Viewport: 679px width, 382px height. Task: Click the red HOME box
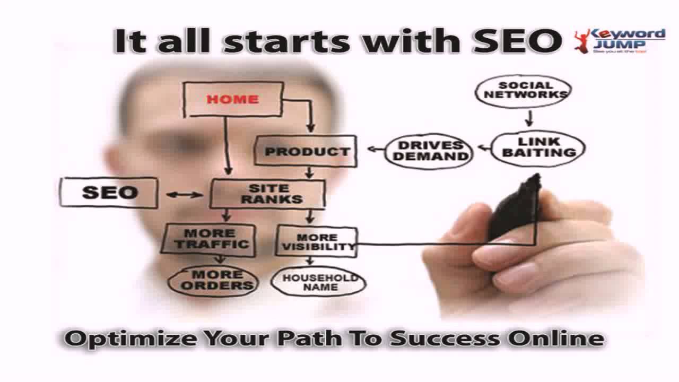[232, 99]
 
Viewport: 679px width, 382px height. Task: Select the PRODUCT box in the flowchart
[306, 152]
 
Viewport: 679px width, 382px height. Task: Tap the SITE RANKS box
[268, 194]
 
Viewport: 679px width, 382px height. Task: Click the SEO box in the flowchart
[109, 192]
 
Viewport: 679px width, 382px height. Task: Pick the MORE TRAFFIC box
[209, 239]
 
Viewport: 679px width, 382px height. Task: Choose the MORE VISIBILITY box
[317, 242]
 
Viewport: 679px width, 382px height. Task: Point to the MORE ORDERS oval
[213, 280]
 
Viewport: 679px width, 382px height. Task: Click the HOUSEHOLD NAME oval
[318, 282]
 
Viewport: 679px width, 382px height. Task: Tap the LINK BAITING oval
[538, 147]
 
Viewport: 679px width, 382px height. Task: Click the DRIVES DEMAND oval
[428, 151]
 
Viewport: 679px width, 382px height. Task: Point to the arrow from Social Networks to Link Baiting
[529, 118]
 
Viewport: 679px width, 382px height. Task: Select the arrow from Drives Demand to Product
[376, 149]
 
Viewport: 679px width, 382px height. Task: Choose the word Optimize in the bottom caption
[114, 339]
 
